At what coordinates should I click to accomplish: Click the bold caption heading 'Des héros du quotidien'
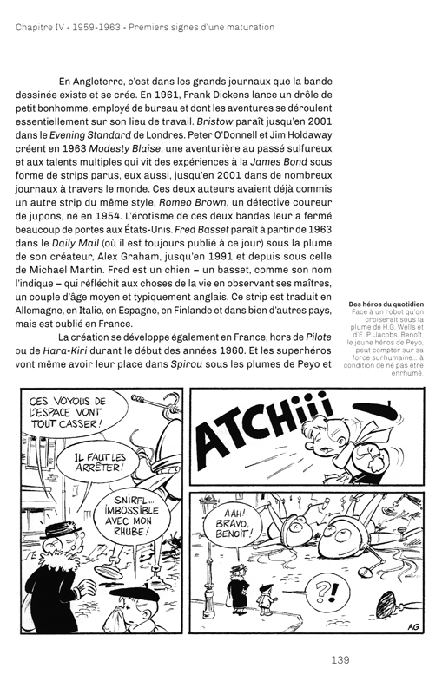coord(386,304)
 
